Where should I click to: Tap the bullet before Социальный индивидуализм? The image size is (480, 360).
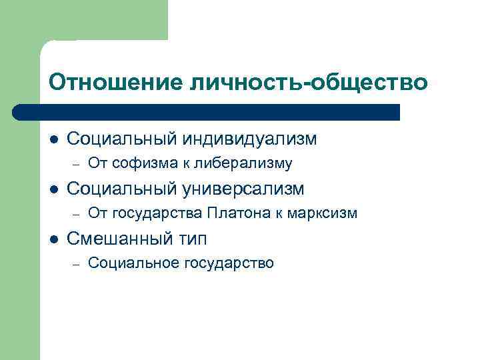coord(53,139)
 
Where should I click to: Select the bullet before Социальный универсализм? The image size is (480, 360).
coord(53,189)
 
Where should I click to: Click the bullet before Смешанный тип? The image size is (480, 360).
coord(53,239)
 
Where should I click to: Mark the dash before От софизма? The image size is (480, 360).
coord(77,164)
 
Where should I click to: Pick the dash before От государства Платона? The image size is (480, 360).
coord(77,214)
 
